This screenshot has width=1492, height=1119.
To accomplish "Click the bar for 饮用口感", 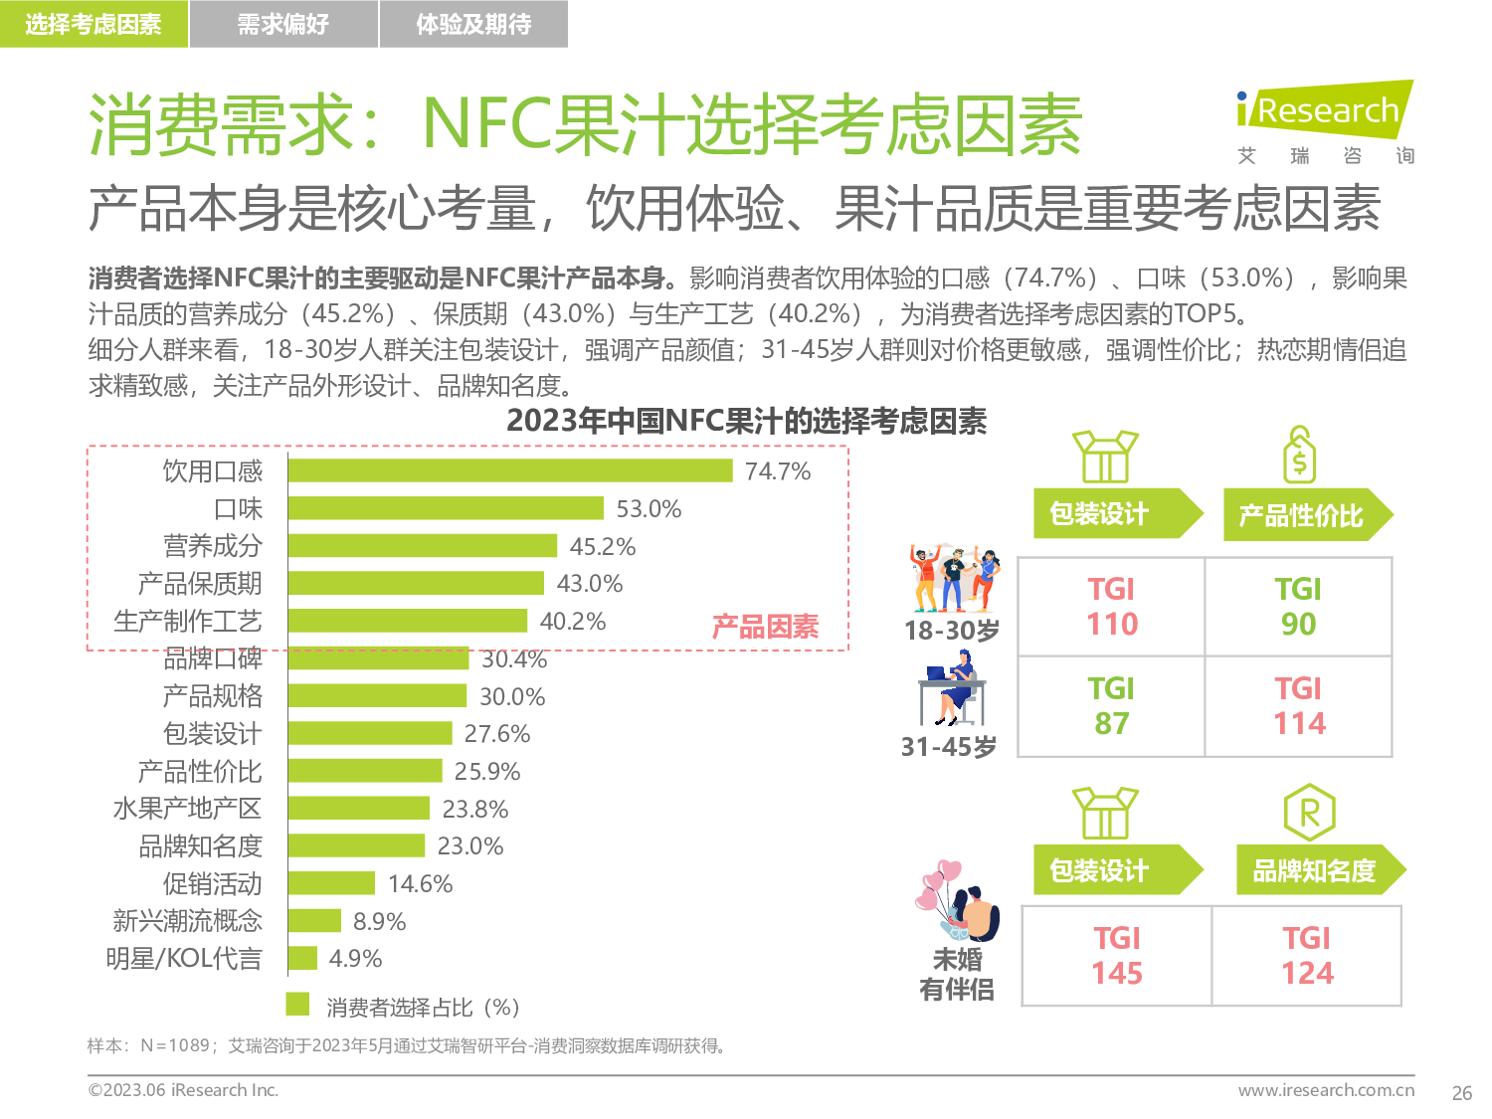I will point(510,470).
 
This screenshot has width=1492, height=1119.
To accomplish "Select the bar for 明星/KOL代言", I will point(302,959).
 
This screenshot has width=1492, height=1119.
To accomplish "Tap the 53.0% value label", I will point(649,509).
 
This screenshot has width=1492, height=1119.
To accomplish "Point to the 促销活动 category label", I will point(213,883).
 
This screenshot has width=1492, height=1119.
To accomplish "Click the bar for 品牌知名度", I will point(356,846).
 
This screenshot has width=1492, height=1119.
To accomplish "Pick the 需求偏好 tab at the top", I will point(283,24).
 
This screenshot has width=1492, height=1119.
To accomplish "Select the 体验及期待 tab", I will point(473,24).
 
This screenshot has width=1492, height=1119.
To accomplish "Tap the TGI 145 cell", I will point(1117,956).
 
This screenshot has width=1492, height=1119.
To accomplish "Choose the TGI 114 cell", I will point(1299,706).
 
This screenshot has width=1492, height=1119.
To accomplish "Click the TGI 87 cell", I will point(1111,706).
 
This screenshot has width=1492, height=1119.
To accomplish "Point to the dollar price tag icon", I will point(1299,456).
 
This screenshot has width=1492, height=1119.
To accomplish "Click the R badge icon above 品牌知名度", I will point(1309,813).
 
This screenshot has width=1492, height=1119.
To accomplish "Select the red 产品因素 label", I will point(765,627).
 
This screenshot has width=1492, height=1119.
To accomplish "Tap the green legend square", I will point(297,1005).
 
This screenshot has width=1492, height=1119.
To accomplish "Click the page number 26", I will point(1461,1093).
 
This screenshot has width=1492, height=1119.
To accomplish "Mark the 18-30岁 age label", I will point(951,631).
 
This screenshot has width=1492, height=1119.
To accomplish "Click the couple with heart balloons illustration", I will point(957,901).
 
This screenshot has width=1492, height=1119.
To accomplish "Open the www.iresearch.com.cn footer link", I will point(1326,1090).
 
